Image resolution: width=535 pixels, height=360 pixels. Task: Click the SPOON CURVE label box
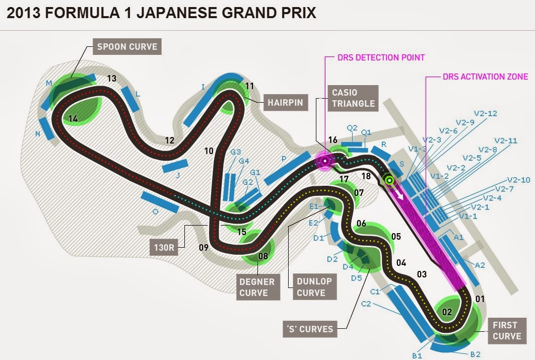(127, 47)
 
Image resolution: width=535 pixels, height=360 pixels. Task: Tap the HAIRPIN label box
(285, 103)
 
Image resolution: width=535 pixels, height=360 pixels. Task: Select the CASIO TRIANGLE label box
(353, 98)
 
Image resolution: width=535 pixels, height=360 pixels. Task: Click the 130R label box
(164, 247)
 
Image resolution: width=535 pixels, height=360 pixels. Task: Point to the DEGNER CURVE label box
(257, 287)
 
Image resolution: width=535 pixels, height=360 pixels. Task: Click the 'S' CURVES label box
(309, 329)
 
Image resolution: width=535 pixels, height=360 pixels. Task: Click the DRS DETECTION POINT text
(381, 57)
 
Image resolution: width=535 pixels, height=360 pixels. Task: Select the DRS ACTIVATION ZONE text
(485, 77)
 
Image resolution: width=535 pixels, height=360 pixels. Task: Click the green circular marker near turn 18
(389, 179)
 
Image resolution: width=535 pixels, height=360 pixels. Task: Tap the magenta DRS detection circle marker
(325, 161)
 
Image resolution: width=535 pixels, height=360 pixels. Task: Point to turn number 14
(74, 119)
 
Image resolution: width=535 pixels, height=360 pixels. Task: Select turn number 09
(204, 247)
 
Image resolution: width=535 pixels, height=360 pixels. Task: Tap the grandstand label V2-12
(485, 113)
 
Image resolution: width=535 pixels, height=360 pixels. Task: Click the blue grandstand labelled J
(175, 166)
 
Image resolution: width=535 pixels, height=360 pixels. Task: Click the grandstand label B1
(417, 355)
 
